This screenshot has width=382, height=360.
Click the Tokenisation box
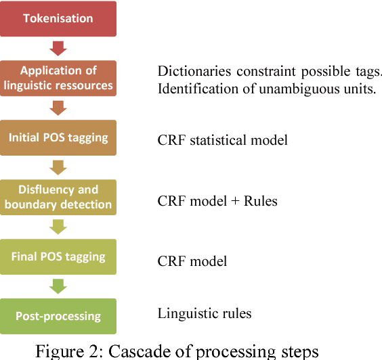tap(58, 18)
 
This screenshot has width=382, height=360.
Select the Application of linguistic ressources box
tap(58, 77)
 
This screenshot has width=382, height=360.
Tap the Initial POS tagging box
tap(58, 137)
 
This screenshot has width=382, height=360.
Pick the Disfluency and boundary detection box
tap(58, 197)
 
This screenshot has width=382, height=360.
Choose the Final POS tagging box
tap(58, 256)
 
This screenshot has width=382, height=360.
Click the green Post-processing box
tap(58, 316)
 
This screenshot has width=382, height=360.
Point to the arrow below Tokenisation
tap(58, 47)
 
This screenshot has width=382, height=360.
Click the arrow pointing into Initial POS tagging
tap(58, 107)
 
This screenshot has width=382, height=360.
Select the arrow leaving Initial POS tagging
tap(58, 166)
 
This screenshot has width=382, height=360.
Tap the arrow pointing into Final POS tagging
tap(58, 226)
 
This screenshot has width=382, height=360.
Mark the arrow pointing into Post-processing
tap(58, 286)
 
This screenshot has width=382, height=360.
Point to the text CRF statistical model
tap(222, 141)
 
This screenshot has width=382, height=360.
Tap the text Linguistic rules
tap(204, 313)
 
